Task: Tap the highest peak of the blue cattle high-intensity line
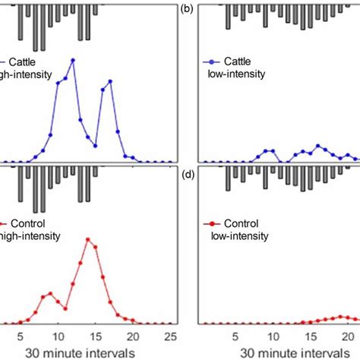[x=73, y=60]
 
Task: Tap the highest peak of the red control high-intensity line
[x=88, y=240]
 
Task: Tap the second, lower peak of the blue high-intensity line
[x=110, y=81]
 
